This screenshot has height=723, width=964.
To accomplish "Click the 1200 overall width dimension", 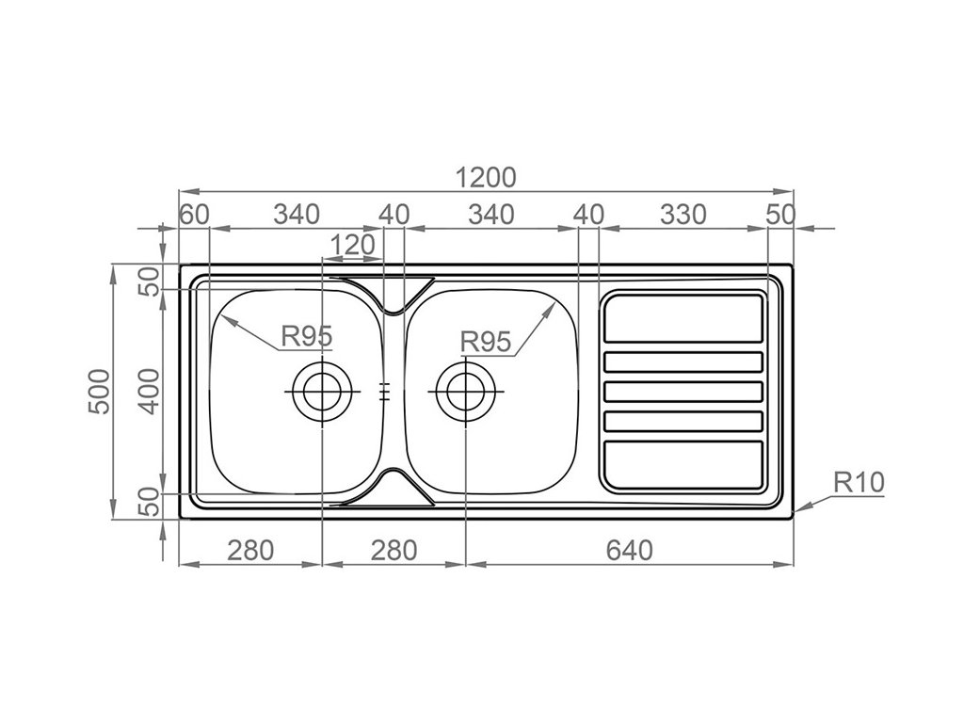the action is pos(486,178).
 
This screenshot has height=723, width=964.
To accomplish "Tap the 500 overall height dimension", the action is pos(100,392).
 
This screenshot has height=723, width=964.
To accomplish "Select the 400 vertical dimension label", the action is pos(148,392).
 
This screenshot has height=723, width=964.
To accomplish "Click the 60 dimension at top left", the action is pos(194,215).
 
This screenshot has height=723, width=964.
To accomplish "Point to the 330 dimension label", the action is pos(683,215).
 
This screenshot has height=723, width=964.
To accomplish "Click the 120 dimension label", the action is pos(352,245).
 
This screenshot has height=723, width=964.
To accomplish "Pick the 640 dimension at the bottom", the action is pos(630,550).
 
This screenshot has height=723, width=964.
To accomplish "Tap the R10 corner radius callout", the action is pos(859,482).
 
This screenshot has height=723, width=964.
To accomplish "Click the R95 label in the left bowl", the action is pos(307,336).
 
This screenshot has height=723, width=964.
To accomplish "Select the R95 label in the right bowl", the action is pos(487,342).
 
